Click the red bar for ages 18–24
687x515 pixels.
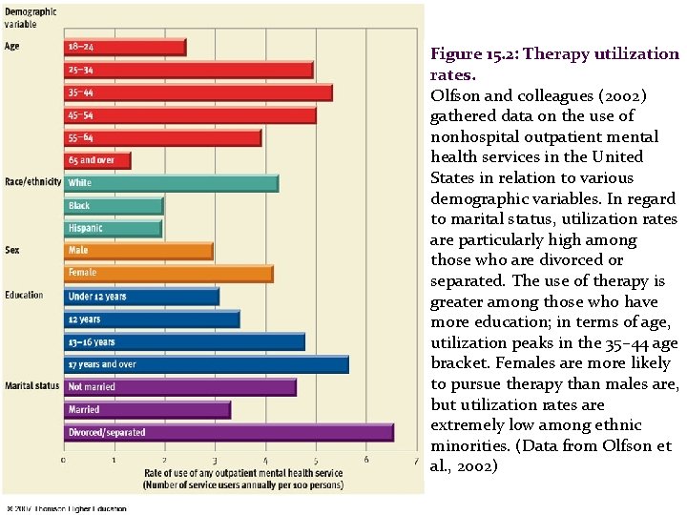pos(124,47)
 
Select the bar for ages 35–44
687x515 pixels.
pos(198,93)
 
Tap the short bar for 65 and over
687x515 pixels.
pos(96,160)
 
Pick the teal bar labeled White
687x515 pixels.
pos(171,182)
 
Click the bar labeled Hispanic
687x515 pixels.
pos(113,229)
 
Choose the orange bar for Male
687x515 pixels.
pos(137,251)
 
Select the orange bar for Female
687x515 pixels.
pos(168,274)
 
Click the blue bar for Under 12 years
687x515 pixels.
pos(141,297)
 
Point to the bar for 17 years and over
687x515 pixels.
pos(205,364)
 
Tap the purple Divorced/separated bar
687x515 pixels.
pos(228,432)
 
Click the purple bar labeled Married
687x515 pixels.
pos(147,410)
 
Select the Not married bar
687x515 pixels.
pos(179,387)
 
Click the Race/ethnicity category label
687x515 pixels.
pos(32,181)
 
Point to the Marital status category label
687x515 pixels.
pos(31,386)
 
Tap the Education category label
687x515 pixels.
pos(24,296)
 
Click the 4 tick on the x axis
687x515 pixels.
pos(265,460)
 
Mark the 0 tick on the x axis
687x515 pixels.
pos(64,460)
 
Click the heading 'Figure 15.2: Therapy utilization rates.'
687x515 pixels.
pos(553,64)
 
